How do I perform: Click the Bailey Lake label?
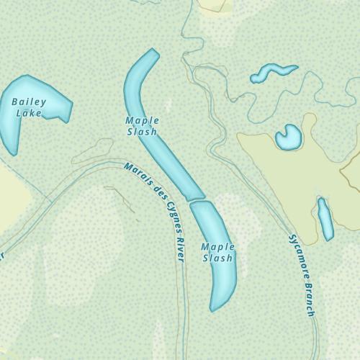coord(29,107)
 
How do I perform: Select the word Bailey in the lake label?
coord(29,102)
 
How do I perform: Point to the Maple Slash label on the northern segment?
coord(142,126)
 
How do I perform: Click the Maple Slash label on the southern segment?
coord(218,252)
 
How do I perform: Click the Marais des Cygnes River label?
coord(155,209)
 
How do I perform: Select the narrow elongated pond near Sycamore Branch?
coord(325,219)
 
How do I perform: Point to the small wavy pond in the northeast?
coord(273,72)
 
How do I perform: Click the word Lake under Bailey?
coord(29,113)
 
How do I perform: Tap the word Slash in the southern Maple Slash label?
coord(218,258)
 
